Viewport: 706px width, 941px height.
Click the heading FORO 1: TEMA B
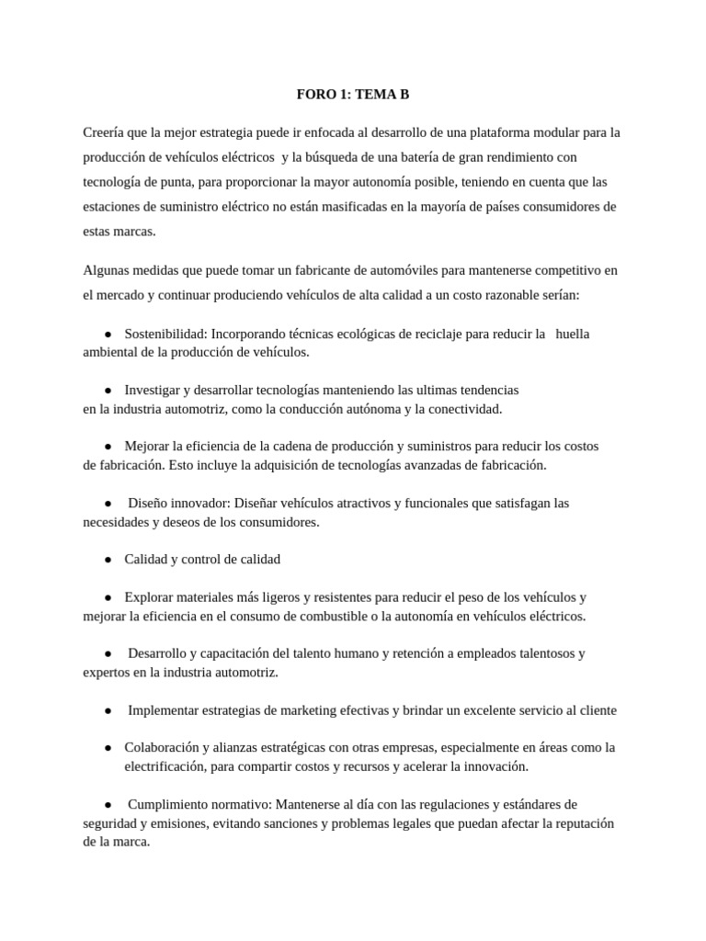click(353, 94)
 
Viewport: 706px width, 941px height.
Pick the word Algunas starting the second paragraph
click(106, 270)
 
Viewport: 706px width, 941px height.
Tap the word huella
click(573, 334)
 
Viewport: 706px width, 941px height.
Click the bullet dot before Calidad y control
click(108, 559)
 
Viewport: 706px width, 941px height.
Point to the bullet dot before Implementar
click(108, 710)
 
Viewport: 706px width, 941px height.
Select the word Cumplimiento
click(168, 804)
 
